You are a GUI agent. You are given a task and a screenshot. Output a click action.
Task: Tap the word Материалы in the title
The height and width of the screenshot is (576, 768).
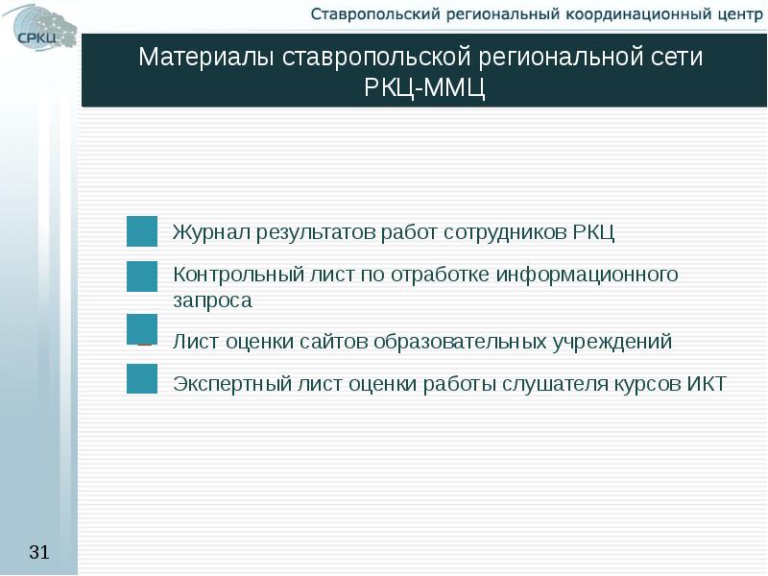click(207, 57)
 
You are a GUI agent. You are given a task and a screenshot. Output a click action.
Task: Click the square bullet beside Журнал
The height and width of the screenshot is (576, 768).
click(142, 231)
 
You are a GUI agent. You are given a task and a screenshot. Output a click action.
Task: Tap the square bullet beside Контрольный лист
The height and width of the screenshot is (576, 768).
click(142, 276)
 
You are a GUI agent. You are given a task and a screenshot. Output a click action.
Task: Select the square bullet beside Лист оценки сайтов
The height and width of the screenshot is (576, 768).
click(142, 328)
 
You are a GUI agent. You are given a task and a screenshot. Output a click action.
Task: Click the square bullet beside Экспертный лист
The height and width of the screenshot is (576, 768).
click(142, 378)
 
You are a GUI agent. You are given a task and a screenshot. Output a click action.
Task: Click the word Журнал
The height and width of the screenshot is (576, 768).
click(212, 232)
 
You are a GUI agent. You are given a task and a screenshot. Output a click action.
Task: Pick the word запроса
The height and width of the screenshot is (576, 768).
click(212, 300)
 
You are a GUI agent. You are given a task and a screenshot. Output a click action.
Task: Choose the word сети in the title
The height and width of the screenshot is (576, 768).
click(680, 57)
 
